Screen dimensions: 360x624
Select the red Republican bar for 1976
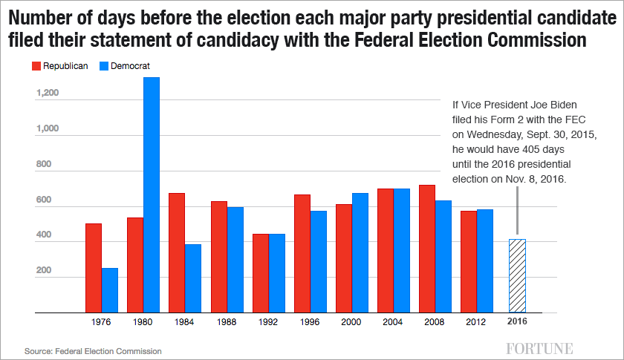pyautogui.click(x=94, y=268)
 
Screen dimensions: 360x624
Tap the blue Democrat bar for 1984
pyautogui.click(x=193, y=278)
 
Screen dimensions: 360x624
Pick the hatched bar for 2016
pyautogui.click(x=517, y=275)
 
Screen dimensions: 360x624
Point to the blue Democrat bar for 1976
pyautogui.click(x=110, y=290)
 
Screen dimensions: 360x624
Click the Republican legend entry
pyautogui.click(x=60, y=66)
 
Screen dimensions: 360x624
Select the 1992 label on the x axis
pyautogui.click(x=269, y=323)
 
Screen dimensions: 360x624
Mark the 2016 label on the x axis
pyautogui.click(x=518, y=323)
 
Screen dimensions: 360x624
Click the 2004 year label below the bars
pyautogui.click(x=394, y=323)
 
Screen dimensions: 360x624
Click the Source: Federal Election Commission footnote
pyautogui.click(x=93, y=350)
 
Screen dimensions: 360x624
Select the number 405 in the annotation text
pyautogui.click(x=521, y=148)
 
